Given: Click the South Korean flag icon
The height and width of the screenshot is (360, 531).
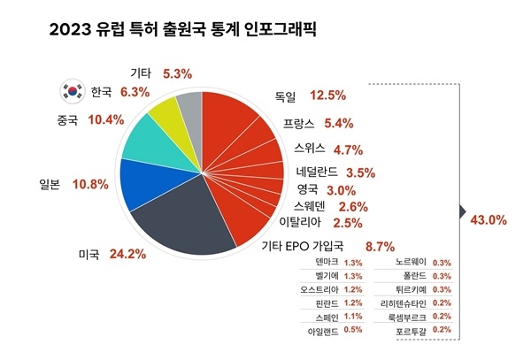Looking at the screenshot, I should (71, 90).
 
